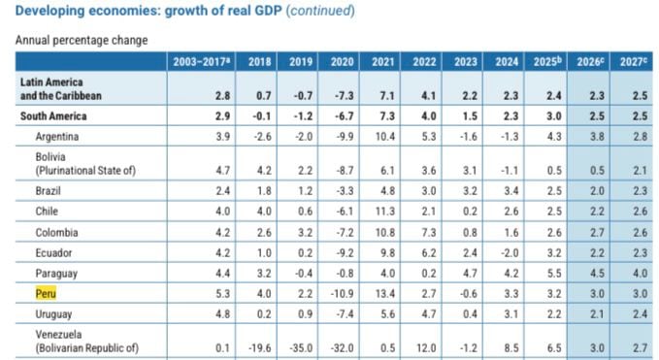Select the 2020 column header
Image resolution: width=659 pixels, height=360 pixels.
[x=344, y=61]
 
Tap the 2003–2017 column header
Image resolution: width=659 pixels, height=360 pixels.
[x=202, y=61]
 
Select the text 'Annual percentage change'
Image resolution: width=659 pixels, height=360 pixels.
[x=82, y=41]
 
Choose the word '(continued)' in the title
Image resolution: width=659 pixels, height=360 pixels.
[x=318, y=12]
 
